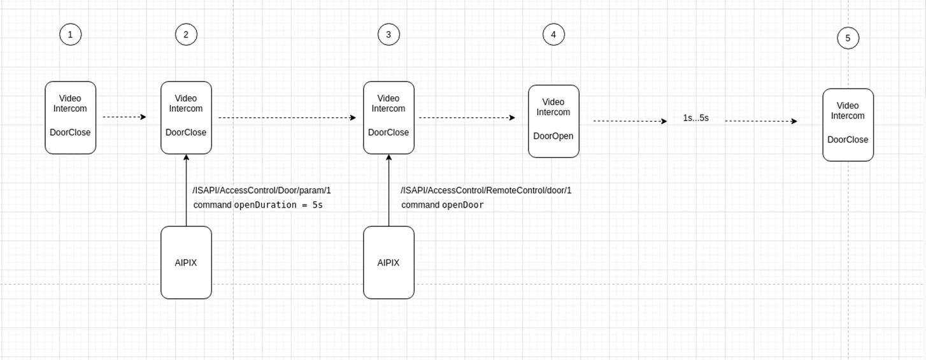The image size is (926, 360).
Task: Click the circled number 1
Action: click(x=70, y=35)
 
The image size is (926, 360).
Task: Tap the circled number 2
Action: click(x=186, y=35)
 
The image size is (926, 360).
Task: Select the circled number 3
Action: click(x=388, y=35)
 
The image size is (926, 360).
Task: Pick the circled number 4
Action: click(x=553, y=35)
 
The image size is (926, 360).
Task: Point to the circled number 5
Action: click(x=848, y=38)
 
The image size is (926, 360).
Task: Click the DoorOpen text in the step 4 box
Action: click(x=553, y=136)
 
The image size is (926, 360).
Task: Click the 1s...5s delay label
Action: click(x=695, y=118)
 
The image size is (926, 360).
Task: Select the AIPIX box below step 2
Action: click(x=186, y=263)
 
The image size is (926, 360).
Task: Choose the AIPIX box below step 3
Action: click(x=388, y=263)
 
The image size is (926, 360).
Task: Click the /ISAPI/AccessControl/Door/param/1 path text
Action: click(x=262, y=191)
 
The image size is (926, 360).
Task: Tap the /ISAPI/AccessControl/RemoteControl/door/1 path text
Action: click(x=486, y=191)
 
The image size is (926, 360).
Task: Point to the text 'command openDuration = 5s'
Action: click(x=258, y=205)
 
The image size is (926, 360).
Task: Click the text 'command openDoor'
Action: click(x=443, y=205)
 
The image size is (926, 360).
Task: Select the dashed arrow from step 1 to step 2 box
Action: click(x=125, y=117)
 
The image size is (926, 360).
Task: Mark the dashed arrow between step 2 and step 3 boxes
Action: click(x=287, y=117)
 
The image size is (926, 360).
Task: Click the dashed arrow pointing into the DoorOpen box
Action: click(x=467, y=117)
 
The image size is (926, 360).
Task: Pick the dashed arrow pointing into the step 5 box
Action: click(x=761, y=121)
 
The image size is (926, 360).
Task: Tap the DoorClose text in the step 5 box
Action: click(x=848, y=140)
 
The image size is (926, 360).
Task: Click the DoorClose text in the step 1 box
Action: click(x=70, y=133)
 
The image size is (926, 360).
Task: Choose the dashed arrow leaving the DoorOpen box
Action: click(x=630, y=121)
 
